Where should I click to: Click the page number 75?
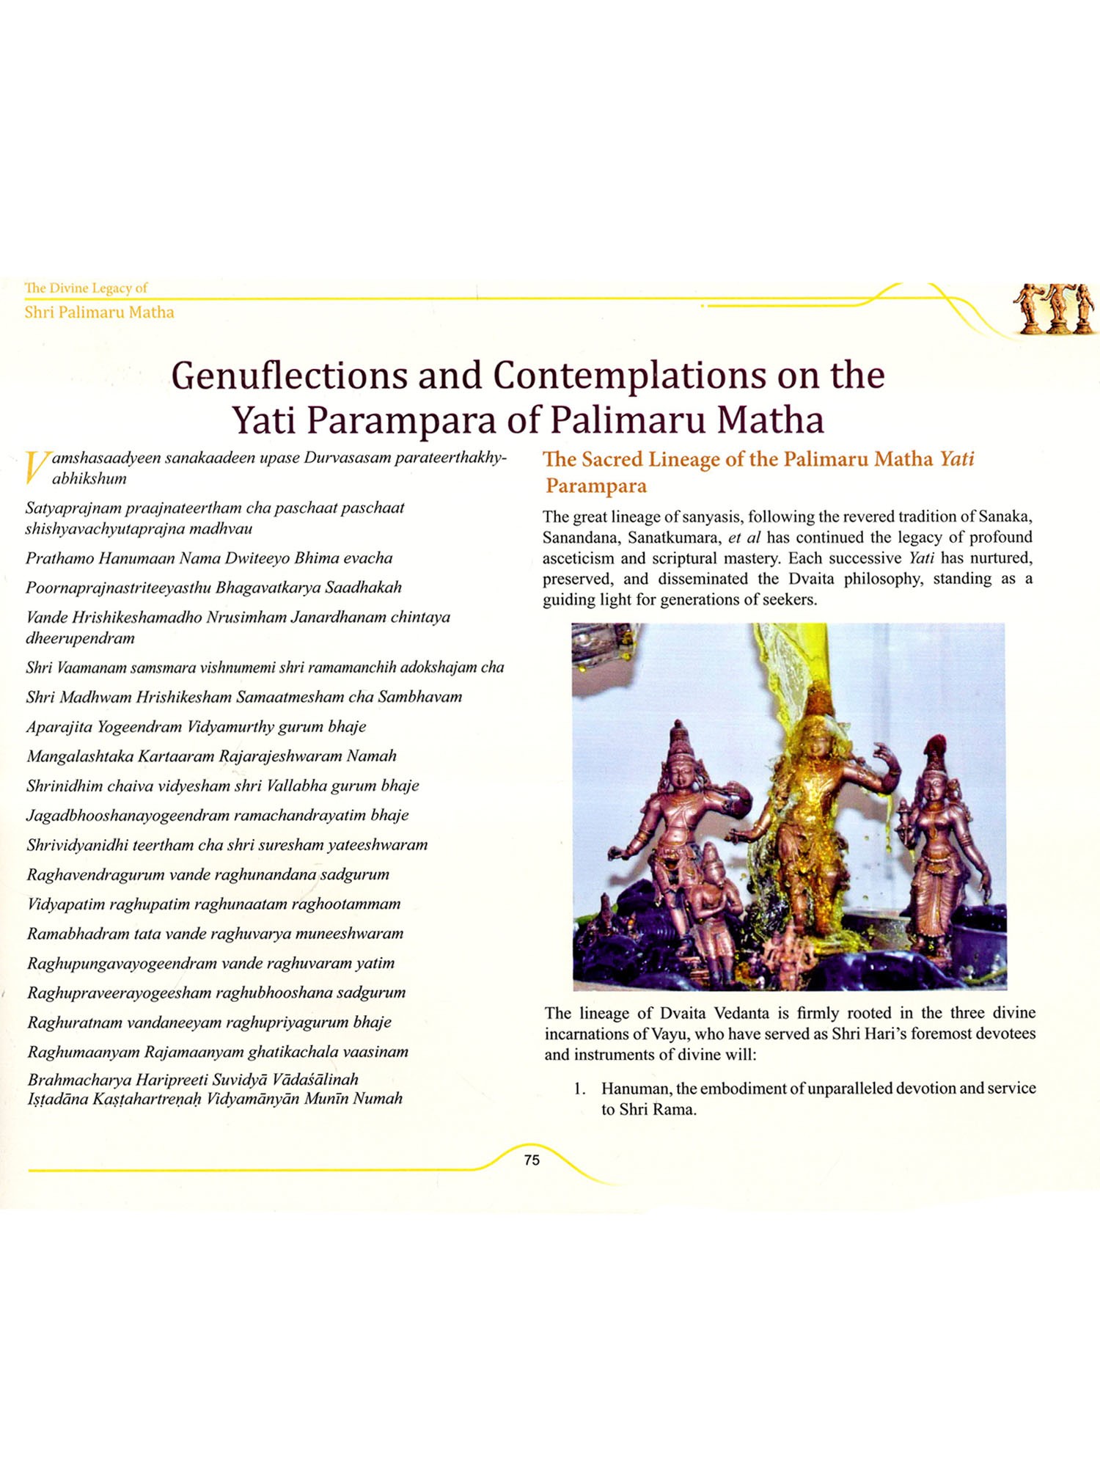pyautogui.click(x=532, y=1160)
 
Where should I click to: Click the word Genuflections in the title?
pyautogui.click(x=288, y=376)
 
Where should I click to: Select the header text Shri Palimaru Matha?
pyautogui.click(x=99, y=312)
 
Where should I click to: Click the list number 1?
pyautogui.click(x=579, y=1089)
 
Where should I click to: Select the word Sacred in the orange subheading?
pyautogui.click(x=613, y=460)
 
